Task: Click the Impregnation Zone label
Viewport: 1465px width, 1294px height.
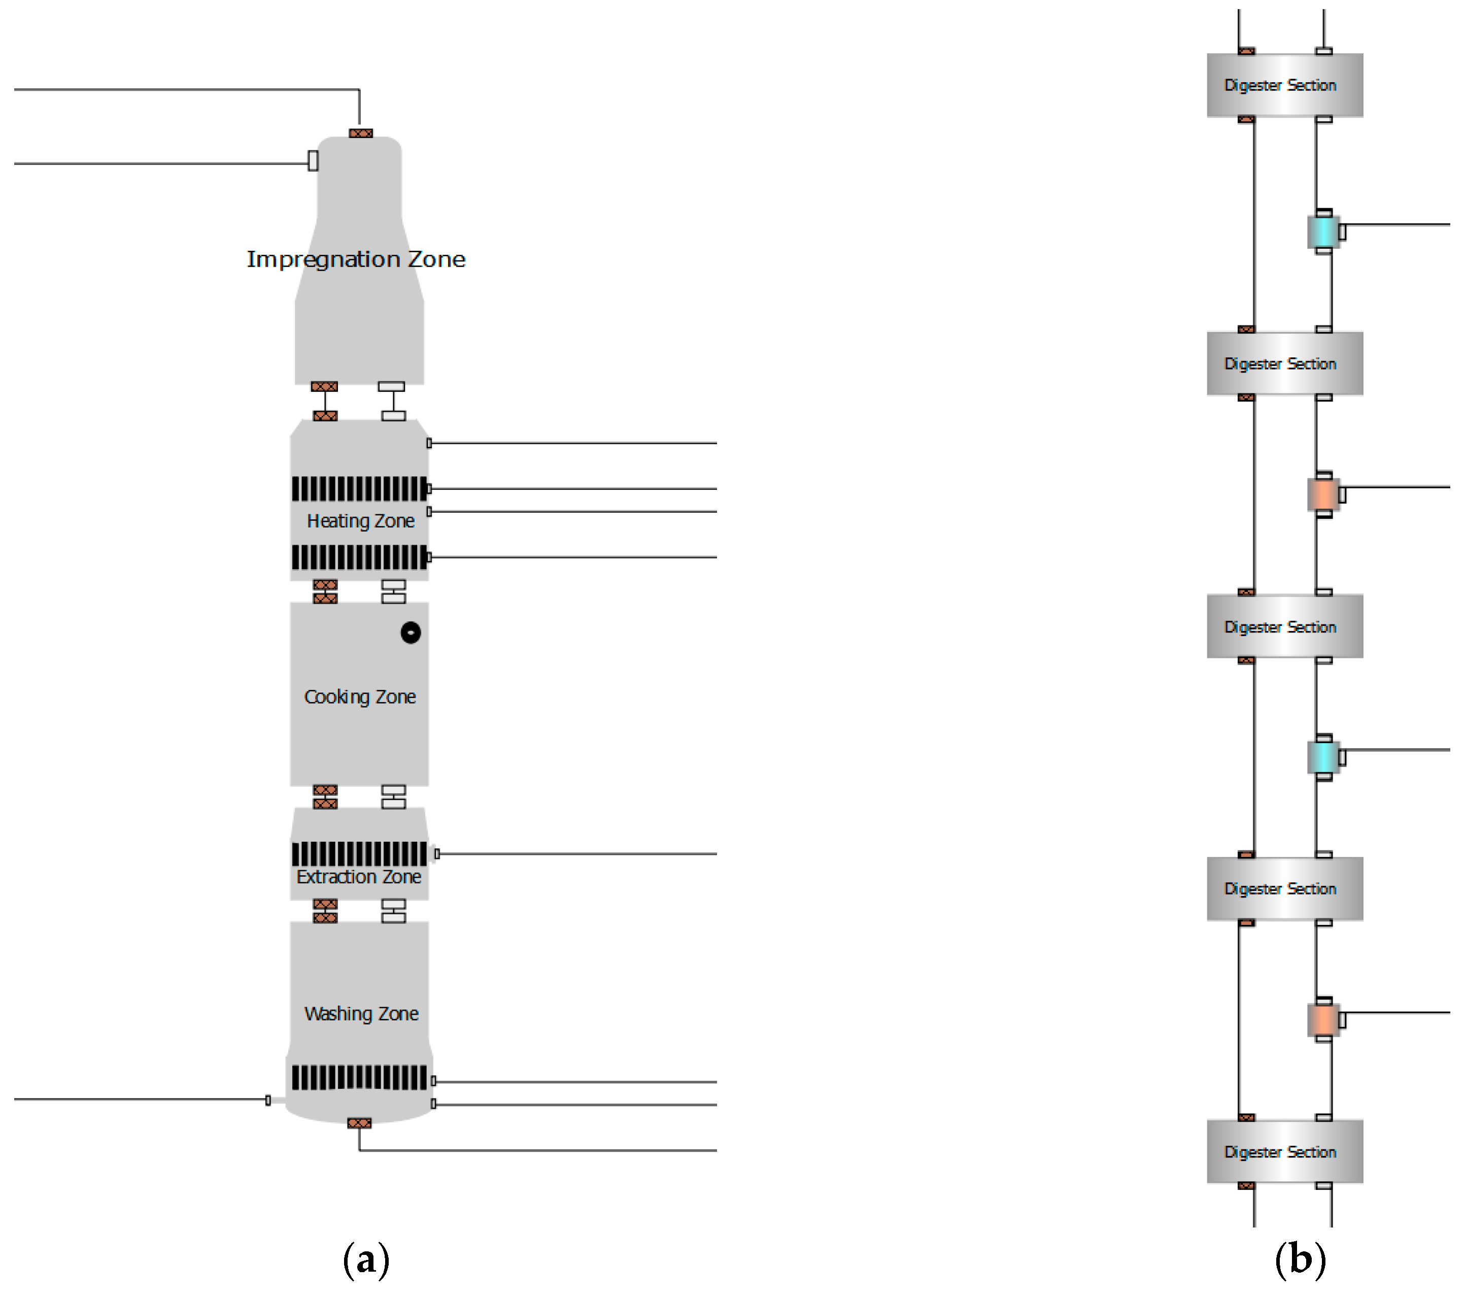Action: coord(356,259)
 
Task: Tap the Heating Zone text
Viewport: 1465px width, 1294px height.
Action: coord(360,521)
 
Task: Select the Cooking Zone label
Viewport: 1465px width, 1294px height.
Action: coord(360,697)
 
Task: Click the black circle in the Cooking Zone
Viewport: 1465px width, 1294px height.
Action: coord(410,633)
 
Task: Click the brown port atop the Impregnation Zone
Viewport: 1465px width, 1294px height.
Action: coord(360,134)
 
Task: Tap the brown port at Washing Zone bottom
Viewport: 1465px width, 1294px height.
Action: coord(359,1123)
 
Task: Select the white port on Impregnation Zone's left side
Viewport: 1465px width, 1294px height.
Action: coord(313,160)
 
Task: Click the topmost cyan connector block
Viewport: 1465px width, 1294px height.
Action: coord(1322,231)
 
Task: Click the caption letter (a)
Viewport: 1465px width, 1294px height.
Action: coord(366,1260)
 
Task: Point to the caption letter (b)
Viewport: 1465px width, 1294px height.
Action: coord(1300,1260)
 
